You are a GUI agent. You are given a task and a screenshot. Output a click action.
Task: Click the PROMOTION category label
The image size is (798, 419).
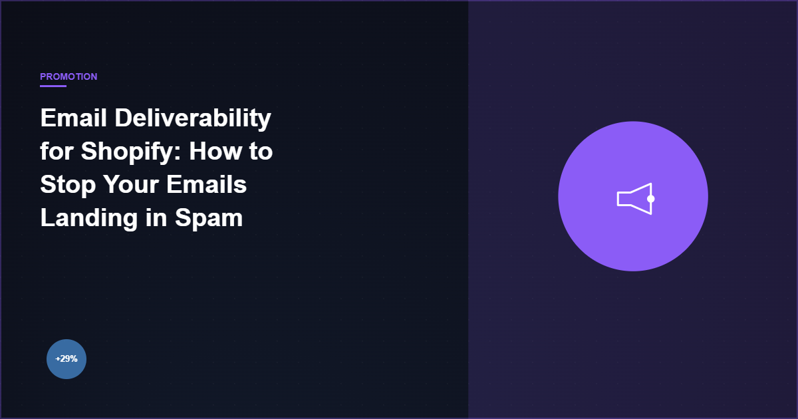(68, 76)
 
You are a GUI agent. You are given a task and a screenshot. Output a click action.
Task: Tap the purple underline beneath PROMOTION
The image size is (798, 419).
(53, 86)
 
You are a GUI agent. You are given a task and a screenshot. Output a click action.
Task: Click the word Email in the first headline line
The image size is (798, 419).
(73, 118)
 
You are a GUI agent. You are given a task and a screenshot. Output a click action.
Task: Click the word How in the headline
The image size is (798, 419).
(215, 151)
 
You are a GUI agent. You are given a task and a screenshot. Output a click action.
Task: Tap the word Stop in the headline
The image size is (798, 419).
(68, 186)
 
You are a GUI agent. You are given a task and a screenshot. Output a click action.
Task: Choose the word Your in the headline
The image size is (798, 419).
(131, 185)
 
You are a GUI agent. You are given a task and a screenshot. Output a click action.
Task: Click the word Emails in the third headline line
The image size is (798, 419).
(206, 184)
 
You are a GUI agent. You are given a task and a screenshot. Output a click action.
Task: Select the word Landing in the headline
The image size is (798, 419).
(88, 218)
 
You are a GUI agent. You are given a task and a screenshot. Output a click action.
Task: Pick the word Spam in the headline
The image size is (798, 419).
(209, 218)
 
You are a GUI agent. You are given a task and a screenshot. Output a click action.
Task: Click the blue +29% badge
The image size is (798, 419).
(66, 358)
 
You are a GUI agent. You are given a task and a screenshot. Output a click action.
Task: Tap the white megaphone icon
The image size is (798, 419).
(636, 199)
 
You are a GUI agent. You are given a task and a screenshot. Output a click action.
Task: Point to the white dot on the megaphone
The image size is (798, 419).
(651, 199)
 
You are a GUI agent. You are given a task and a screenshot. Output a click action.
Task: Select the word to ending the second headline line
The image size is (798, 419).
(261, 152)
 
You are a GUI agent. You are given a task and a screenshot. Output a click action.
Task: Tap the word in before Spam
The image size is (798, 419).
(156, 217)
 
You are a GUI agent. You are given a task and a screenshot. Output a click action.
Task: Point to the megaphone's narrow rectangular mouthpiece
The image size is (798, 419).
(624, 199)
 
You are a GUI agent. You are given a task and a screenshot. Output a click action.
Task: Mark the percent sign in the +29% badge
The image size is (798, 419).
(74, 358)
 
